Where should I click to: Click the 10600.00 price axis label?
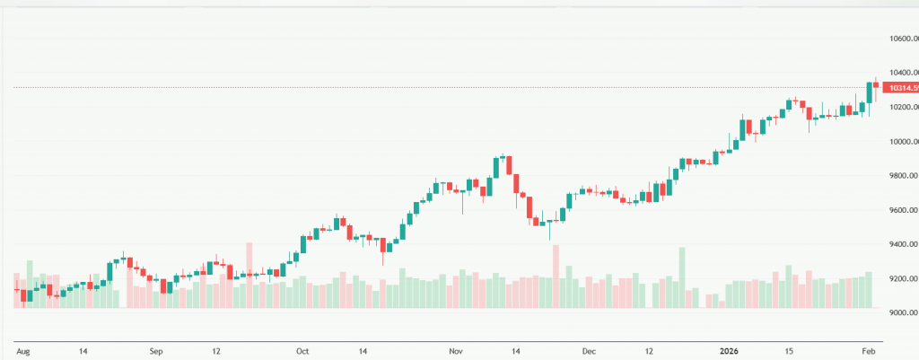click(x=901, y=39)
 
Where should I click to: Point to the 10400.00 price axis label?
click(x=901, y=73)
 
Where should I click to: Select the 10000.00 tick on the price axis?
click(x=901, y=142)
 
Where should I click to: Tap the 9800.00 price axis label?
click(x=901, y=176)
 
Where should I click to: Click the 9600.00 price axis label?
click(x=901, y=210)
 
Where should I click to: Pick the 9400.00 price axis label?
click(x=901, y=244)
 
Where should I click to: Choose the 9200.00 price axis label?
click(x=901, y=279)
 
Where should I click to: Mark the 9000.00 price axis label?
click(x=901, y=313)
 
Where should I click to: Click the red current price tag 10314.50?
click(x=901, y=88)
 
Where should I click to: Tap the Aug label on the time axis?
click(x=24, y=351)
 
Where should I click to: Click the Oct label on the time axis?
click(x=302, y=351)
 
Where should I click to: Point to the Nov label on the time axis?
click(x=456, y=351)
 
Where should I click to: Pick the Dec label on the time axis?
click(x=589, y=351)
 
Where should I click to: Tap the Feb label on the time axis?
click(x=868, y=351)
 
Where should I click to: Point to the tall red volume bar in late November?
click(x=556, y=277)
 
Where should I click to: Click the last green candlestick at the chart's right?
click(x=869, y=92)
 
